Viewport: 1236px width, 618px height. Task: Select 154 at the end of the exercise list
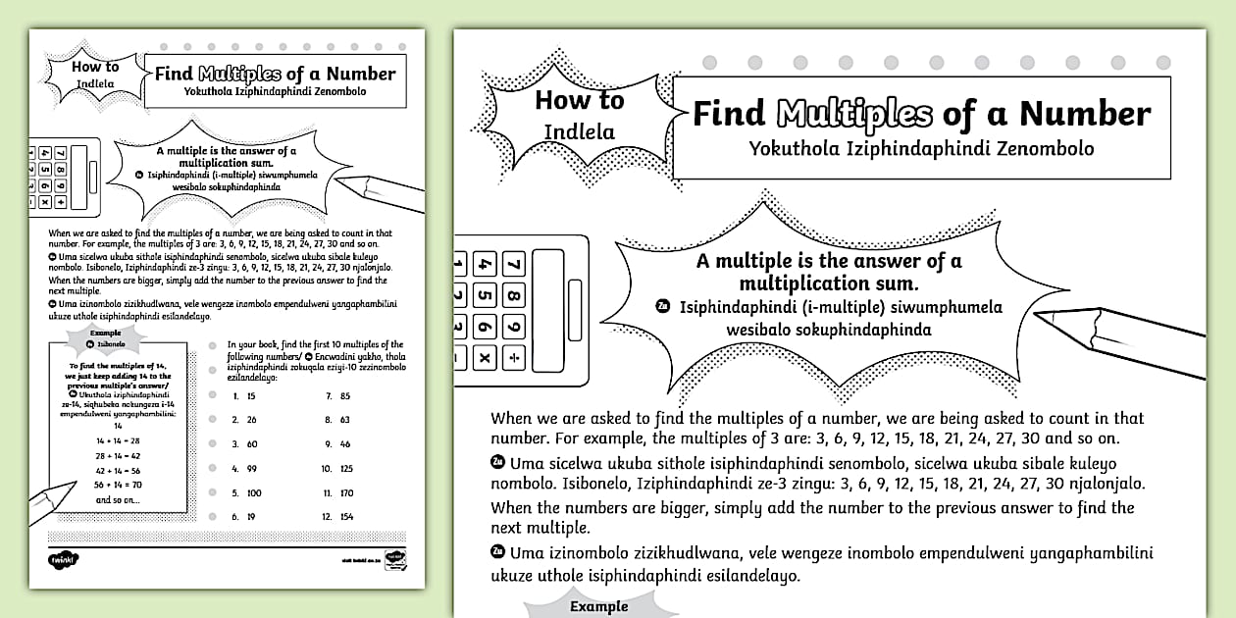point(346,516)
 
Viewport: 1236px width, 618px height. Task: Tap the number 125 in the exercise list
point(346,468)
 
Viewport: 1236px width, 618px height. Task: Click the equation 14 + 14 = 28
point(118,440)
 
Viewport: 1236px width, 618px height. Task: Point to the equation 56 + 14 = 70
point(118,485)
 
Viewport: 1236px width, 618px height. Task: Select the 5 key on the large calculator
point(484,295)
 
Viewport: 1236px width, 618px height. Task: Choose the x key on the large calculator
point(484,358)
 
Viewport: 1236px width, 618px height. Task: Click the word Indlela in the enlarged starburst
point(579,131)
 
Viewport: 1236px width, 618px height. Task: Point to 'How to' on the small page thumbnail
point(95,67)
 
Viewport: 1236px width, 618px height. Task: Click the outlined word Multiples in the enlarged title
point(854,114)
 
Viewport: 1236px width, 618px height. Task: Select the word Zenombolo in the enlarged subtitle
point(1042,149)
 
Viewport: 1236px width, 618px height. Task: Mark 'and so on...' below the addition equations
point(118,500)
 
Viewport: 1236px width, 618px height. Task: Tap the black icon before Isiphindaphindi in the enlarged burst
point(662,307)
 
